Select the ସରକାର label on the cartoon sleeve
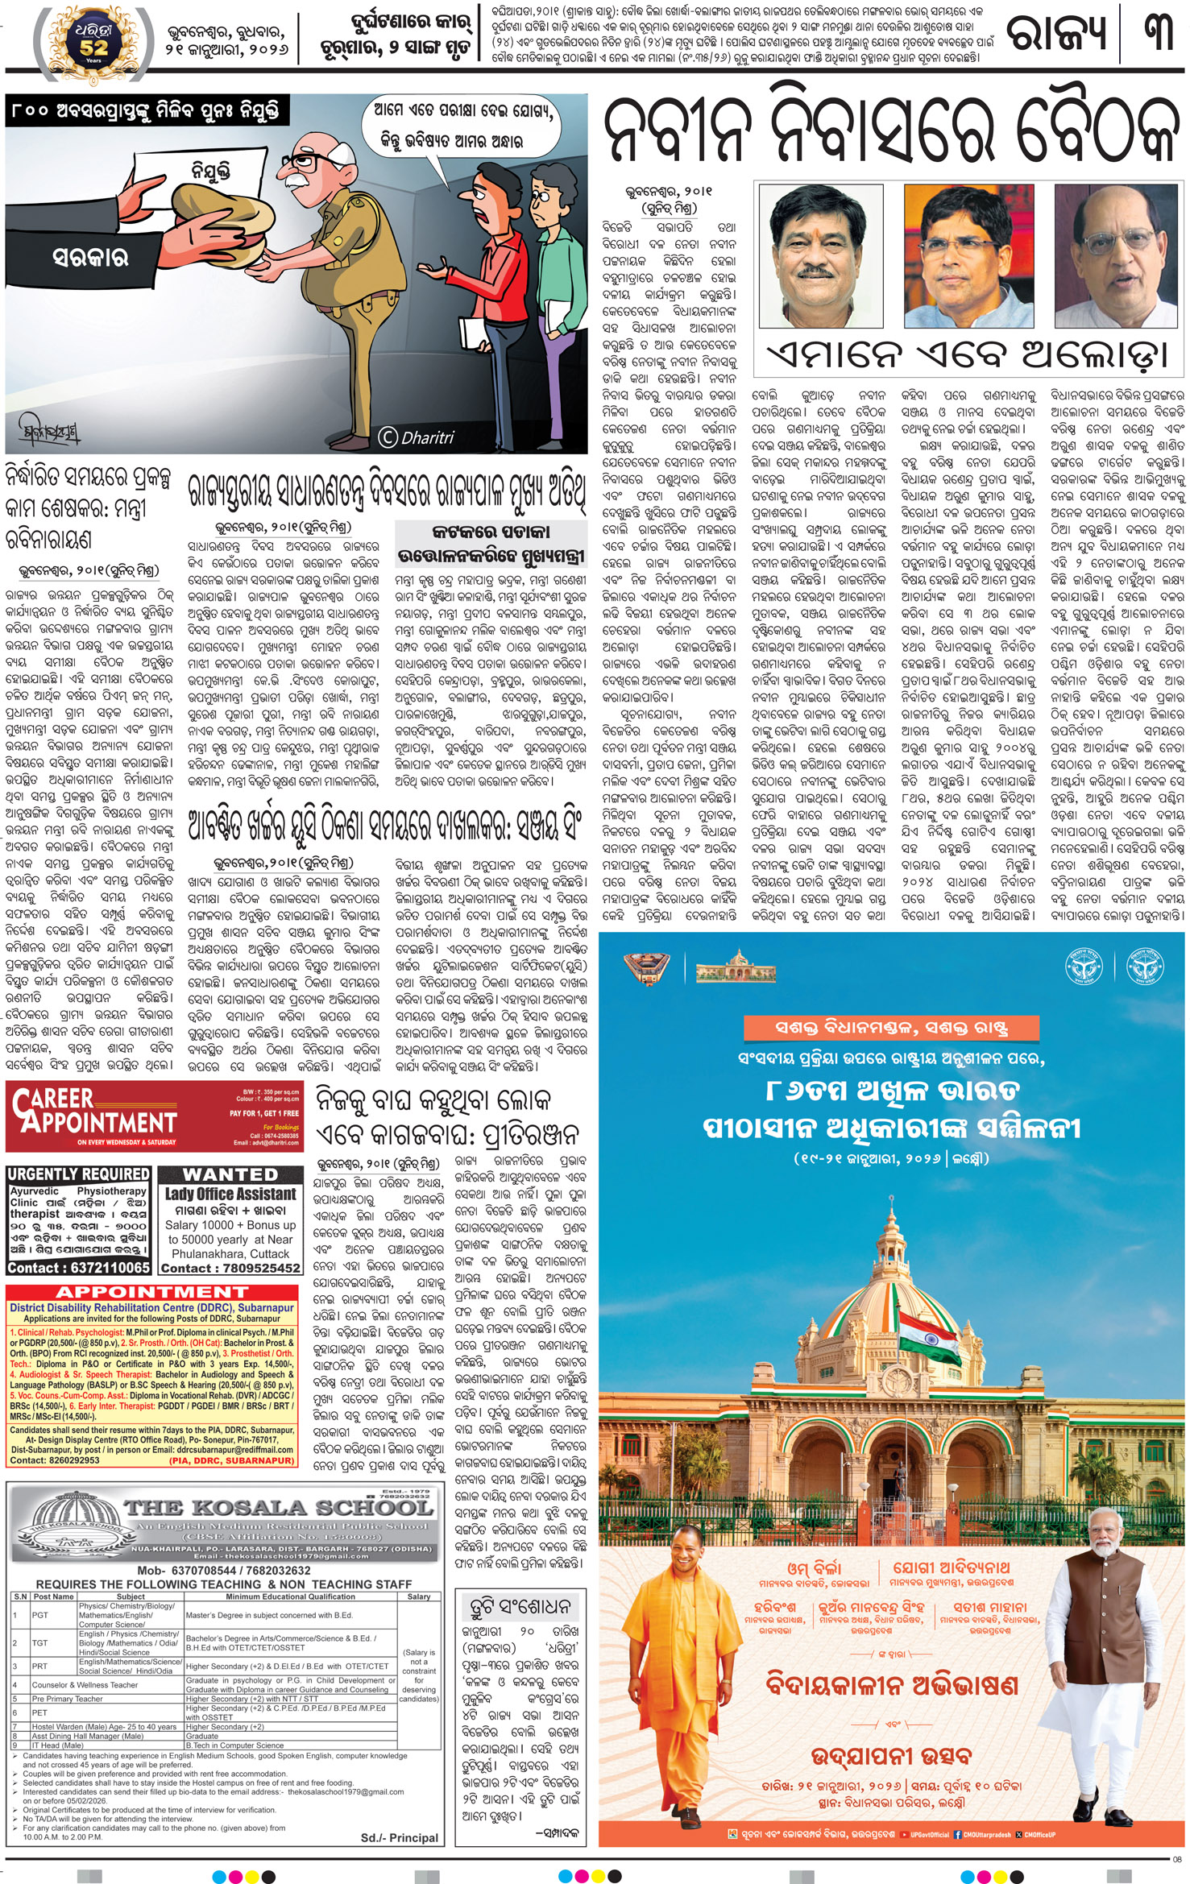tap(90, 258)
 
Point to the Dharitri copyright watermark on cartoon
tap(417, 437)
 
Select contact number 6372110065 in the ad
tap(79, 1268)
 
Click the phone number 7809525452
tap(231, 1268)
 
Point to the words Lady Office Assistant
tap(230, 1194)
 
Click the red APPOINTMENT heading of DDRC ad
tap(151, 1293)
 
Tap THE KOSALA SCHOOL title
tap(278, 1507)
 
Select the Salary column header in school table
tap(419, 1596)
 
